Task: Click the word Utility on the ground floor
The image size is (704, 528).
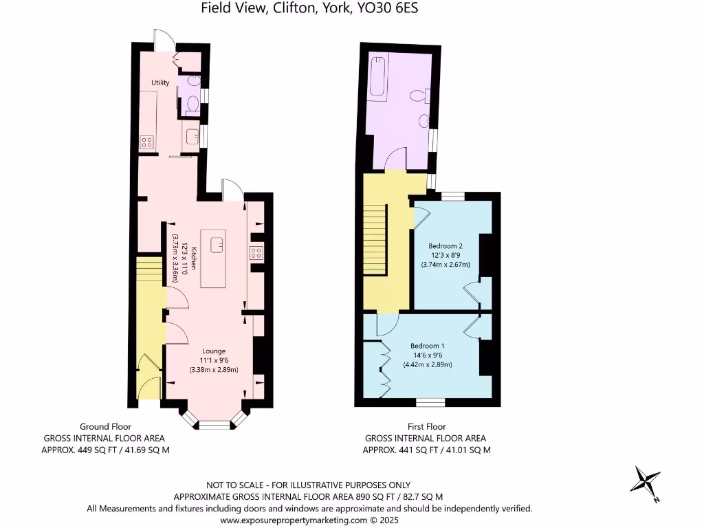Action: tap(160, 82)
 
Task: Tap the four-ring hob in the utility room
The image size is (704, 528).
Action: tap(147, 142)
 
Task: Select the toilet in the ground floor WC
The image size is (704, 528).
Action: tap(192, 105)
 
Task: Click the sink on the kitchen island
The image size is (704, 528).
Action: tap(219, 242)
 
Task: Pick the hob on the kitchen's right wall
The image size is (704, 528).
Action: tap(257, 252)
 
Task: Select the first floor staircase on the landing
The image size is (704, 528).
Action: tap(375, 241)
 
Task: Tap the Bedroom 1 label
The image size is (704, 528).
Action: tap(427, 346)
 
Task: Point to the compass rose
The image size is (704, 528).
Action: tap(647, 482)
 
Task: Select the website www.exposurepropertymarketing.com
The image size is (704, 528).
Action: tap(294, 520)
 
